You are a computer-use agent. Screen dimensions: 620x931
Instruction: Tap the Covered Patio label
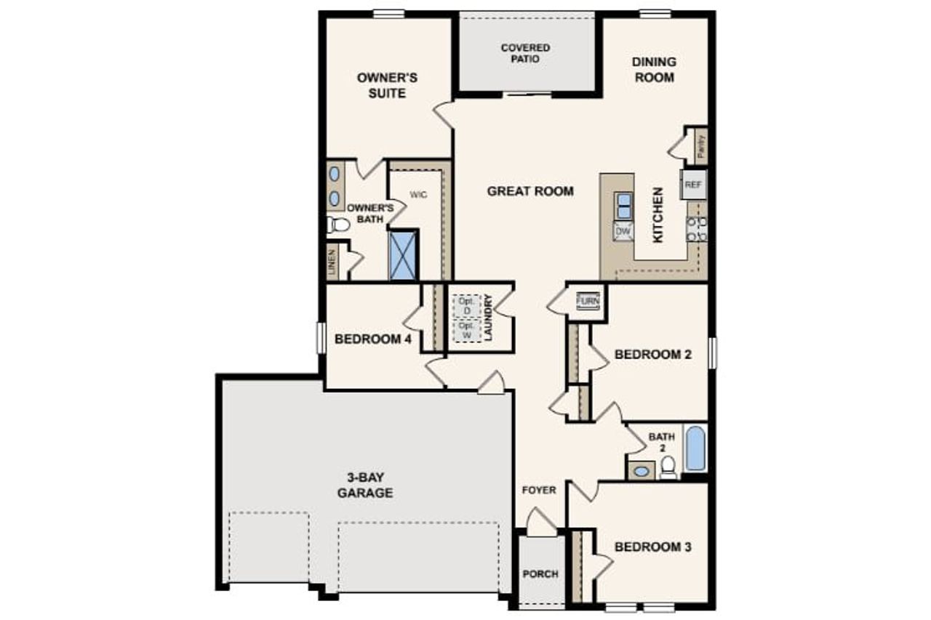click(525, 53)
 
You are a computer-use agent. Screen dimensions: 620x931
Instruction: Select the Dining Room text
click(654, 70)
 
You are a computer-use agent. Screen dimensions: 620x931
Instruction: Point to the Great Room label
click(530, 191)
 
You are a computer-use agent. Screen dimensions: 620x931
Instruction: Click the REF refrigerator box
click(692, 185)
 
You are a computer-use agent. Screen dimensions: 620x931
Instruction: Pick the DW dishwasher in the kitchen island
click(623, 231)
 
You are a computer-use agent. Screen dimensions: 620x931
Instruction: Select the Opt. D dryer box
click(466, 306)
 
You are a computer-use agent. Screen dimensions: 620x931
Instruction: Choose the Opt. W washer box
click(466, 331)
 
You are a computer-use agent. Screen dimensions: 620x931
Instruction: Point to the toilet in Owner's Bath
click(337, 225)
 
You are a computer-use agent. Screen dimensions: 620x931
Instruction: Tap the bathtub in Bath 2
click(695, 449)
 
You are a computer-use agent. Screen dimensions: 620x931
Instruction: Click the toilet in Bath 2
click(668, 467)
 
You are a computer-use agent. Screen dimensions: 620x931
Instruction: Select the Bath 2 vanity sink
click(641, 471)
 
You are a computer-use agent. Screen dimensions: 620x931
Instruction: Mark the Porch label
click(540, 573)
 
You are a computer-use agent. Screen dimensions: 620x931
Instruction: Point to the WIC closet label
click(417, 195)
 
